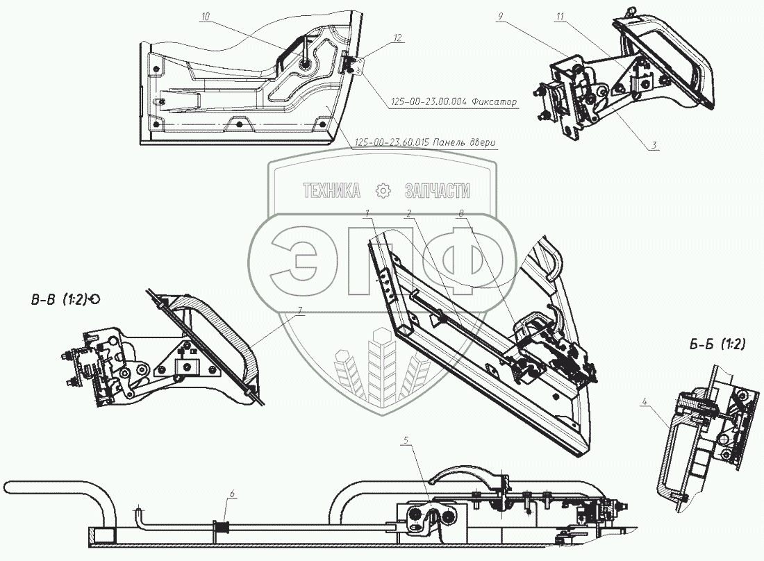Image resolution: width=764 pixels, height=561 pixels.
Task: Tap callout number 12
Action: (397, 39)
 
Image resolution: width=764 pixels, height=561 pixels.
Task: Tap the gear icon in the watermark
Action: (382, 191)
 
